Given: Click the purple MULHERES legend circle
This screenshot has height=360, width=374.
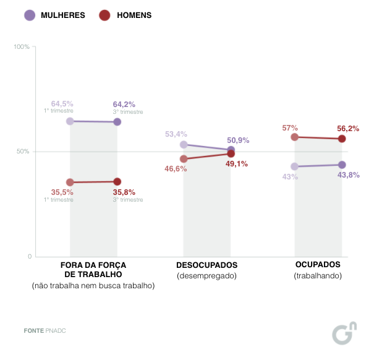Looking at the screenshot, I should point(30,15).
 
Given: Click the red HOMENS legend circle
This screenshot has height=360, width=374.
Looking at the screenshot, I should point(104,15).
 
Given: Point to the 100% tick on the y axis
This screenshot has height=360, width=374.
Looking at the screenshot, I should point(22,47).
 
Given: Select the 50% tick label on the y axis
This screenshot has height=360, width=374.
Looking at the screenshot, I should point(23,152).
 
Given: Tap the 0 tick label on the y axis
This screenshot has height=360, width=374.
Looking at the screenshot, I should point(28,256).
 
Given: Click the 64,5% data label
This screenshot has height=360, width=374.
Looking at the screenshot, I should point(62,104).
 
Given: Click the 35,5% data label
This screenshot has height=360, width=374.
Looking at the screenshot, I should point(62,192).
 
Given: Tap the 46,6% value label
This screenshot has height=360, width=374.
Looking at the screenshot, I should point(176,168).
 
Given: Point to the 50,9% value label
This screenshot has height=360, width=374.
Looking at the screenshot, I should point(238,140).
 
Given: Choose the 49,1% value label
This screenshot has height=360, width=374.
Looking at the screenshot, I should point(236,164).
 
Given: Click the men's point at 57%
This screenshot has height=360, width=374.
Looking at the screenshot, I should point(295,137).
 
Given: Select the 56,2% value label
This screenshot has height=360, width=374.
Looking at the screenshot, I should point(348,129).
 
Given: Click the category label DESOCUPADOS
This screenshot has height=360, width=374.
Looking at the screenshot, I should point(206,265).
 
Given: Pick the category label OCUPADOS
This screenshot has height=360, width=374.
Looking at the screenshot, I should point(318,265).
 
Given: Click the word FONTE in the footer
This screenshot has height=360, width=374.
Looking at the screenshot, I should point(33,331).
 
